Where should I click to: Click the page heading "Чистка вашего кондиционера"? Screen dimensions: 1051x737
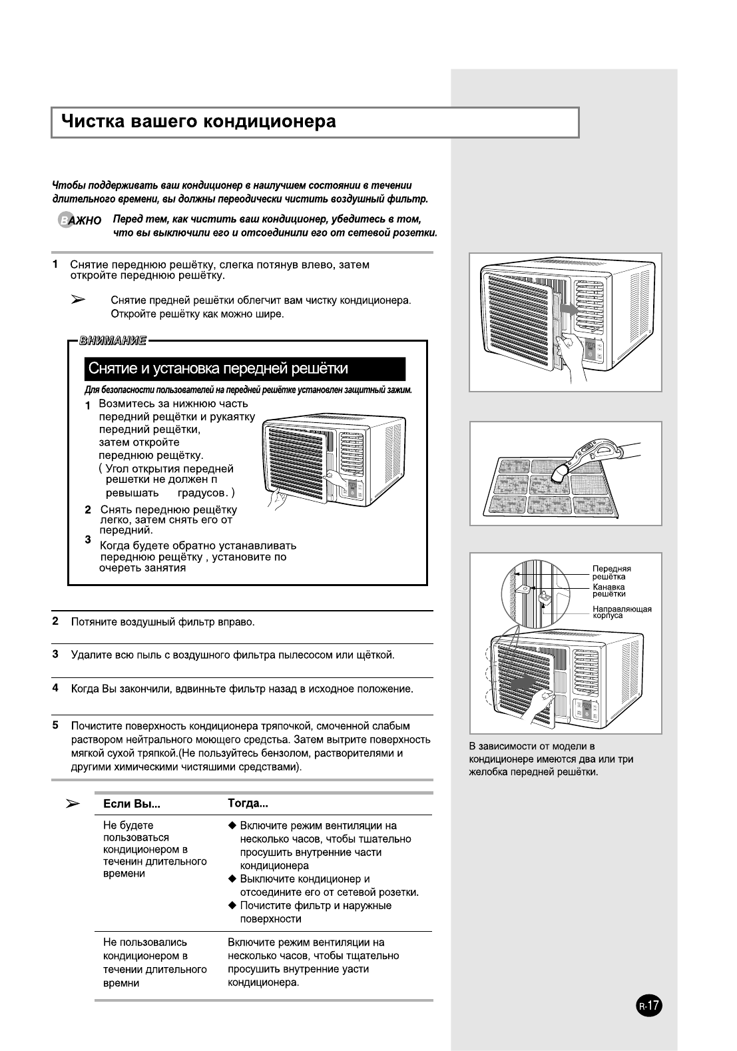tap(198, 122)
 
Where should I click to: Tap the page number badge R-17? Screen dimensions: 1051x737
tap(649, 1005)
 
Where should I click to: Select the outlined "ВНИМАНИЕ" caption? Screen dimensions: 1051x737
tap(113, 342)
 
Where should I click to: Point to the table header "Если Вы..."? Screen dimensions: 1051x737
tap(132, 804)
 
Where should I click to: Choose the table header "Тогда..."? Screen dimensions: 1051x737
tap(248, 803)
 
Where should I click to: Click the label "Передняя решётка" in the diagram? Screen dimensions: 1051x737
tap(611, 573)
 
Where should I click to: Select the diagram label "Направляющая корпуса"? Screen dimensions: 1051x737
tap(621, 612)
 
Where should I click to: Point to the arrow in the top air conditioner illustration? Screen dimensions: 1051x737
tap(568, 309)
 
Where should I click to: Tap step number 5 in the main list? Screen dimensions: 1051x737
tap(56, 725)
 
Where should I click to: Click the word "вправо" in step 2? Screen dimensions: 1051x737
tap(239, 622)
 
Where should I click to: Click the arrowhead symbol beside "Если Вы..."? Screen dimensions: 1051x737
tap(74, 804)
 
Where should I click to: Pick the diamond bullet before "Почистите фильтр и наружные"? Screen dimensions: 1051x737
tap(232, 905)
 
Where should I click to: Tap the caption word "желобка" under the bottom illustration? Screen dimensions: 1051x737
tap(490, 772)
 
